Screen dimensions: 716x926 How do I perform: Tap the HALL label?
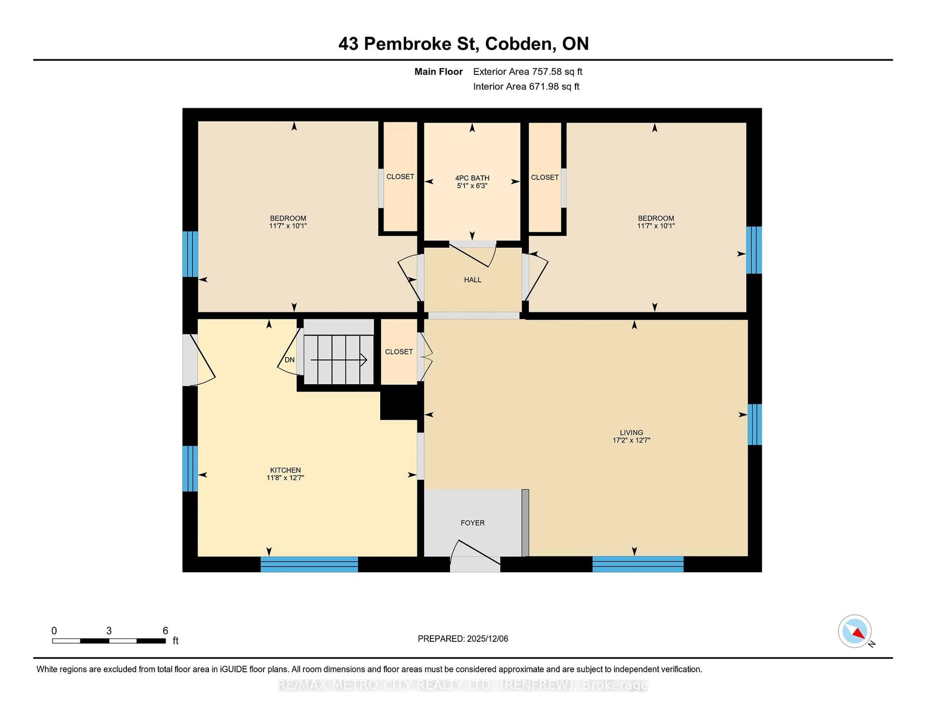point(472,280)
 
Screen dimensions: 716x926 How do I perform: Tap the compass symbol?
point(854,631)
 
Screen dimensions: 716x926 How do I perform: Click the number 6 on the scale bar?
point(165,631)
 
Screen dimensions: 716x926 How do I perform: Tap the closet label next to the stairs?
point(399,352)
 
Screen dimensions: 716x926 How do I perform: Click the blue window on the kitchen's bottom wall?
point(309,565)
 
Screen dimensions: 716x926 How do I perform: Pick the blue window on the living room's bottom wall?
point(637,564)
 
